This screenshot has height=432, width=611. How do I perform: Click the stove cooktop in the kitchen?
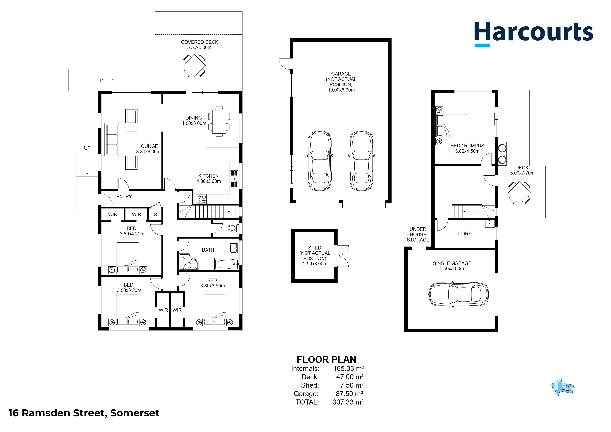(x=202, y=199)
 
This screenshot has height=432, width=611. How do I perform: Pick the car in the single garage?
(x=458, y=295)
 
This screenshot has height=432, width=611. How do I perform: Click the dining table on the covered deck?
(x=194, y=65)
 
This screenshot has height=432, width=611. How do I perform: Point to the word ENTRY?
(x=124, y=197)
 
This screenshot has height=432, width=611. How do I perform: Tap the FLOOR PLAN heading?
(x=326, y=360)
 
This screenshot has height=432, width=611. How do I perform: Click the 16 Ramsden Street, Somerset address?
(x=84, y=413)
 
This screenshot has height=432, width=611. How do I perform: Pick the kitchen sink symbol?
(x=234, y=179)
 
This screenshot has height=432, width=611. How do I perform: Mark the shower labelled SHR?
(x=188, y=262)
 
